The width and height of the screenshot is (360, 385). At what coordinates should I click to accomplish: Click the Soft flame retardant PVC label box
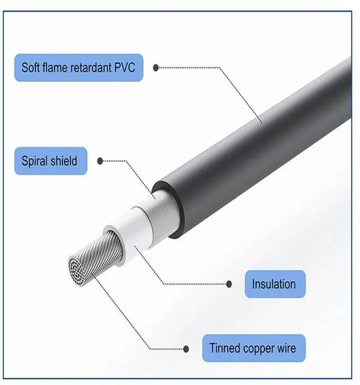(x=79, y=68)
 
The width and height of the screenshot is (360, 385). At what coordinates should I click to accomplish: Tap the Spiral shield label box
(x=50, y=161)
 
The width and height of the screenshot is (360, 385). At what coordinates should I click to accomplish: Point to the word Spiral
(x=35, y=162)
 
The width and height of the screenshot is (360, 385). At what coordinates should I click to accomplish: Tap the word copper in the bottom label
(x=256, y=348)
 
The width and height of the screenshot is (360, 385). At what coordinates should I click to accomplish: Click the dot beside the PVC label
(x=156, y=68)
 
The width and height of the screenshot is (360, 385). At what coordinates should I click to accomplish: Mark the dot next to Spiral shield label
(x=100, y=161)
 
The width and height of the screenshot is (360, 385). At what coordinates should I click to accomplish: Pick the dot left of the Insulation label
(x=229, y=284)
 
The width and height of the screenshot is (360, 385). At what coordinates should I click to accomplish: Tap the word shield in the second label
(x=65, y=162)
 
